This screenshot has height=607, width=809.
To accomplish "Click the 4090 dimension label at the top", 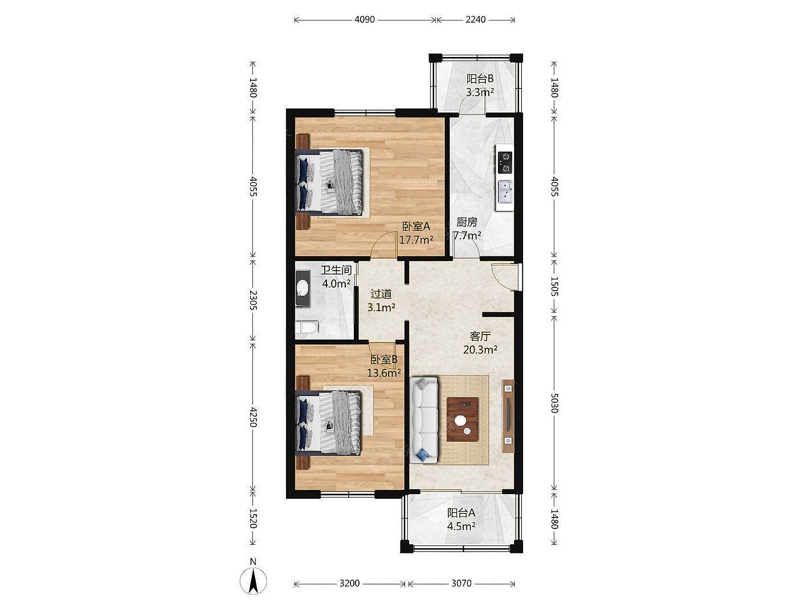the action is click(364, 19).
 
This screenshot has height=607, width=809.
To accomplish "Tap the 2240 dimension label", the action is click(475, 19).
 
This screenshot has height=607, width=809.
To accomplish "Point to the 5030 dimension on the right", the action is click(554, 403).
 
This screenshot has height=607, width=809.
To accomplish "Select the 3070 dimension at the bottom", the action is click(461, 583).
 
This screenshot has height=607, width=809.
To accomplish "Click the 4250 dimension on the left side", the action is click(253, 417).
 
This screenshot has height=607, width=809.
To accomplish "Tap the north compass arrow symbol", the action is click(253, 581).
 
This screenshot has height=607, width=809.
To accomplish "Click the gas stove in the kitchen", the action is click(505, 162).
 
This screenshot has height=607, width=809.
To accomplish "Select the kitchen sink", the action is click(505, 192).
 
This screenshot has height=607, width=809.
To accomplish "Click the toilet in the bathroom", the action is click(307, 327).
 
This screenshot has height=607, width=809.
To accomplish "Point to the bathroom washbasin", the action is click(303, 288).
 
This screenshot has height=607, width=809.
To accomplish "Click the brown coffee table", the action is click(463, 419).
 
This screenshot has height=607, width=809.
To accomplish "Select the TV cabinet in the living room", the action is click(508, 416).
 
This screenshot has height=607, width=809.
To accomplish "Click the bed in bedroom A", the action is click(329, 182).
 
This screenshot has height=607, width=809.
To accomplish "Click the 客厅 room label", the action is click(480, 336).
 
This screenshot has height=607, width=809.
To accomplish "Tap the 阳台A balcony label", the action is click(461, 512).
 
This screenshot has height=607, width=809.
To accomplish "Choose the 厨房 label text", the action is click(467, 222).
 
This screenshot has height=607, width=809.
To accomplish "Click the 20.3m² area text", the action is click(480, 349).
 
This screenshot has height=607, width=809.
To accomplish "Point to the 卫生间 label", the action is click(336, 270).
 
